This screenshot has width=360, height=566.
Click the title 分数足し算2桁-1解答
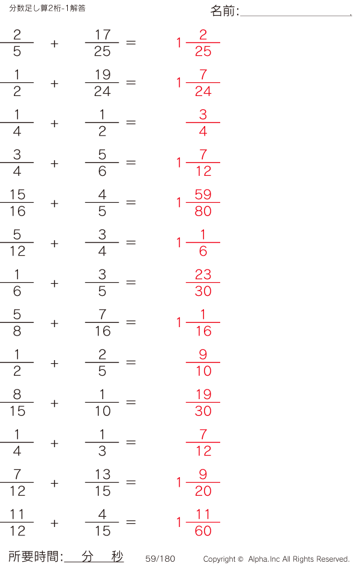(47, 8)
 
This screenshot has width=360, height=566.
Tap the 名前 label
(224, 11)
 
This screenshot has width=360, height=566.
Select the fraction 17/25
(102, 43)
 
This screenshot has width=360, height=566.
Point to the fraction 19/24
(102, 83)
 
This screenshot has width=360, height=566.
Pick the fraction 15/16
(17, 203)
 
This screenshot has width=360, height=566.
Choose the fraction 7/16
(102, 323)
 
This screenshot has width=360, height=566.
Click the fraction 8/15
(17, 403)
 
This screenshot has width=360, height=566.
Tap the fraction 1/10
(102, 403)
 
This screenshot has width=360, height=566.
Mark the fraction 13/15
(102, 483)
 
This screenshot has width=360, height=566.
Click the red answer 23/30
(203, 283)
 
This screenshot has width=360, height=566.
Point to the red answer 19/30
(203, 403)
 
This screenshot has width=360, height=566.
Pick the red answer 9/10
(203, 363)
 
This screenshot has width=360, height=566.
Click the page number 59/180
(160, 559)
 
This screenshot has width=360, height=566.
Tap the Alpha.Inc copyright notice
(276, 559)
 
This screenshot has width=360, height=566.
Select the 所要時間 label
(35, 557)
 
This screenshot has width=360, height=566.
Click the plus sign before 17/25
(55, 43)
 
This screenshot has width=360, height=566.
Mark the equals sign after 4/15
(131, 523)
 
